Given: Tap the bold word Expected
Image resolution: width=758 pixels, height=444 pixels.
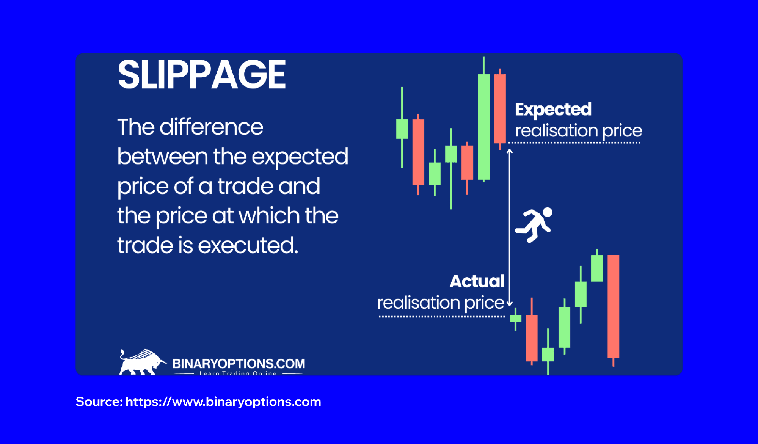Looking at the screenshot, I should (x=553, y=110).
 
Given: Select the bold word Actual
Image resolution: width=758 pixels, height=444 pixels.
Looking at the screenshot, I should (x=477, y=281).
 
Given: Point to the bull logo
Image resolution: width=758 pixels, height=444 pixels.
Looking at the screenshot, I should (x=141, y=362).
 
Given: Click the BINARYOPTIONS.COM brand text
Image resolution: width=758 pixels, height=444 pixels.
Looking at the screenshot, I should (x=239, y=364).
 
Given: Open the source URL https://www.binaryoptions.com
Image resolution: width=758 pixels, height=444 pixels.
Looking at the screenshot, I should (x=223, y=402).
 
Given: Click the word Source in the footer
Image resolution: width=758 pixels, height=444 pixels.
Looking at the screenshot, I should (x=99, y=402).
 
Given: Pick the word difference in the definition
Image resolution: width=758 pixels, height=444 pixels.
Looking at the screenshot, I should (x=211, y=127).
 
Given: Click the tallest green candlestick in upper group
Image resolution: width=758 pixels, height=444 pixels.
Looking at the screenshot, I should (x=483, y=127).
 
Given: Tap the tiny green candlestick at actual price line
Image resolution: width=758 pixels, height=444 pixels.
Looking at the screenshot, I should (x=515, y=318).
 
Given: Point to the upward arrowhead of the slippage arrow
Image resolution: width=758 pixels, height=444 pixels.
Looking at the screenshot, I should (x=510, y=152).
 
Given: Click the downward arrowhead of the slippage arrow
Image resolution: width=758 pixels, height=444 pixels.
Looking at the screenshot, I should (x=510, y=303).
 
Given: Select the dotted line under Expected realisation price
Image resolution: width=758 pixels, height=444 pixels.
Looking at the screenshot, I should (x=574, y=143).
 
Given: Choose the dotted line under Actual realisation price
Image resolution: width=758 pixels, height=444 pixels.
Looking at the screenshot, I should (x=442, y=316).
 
